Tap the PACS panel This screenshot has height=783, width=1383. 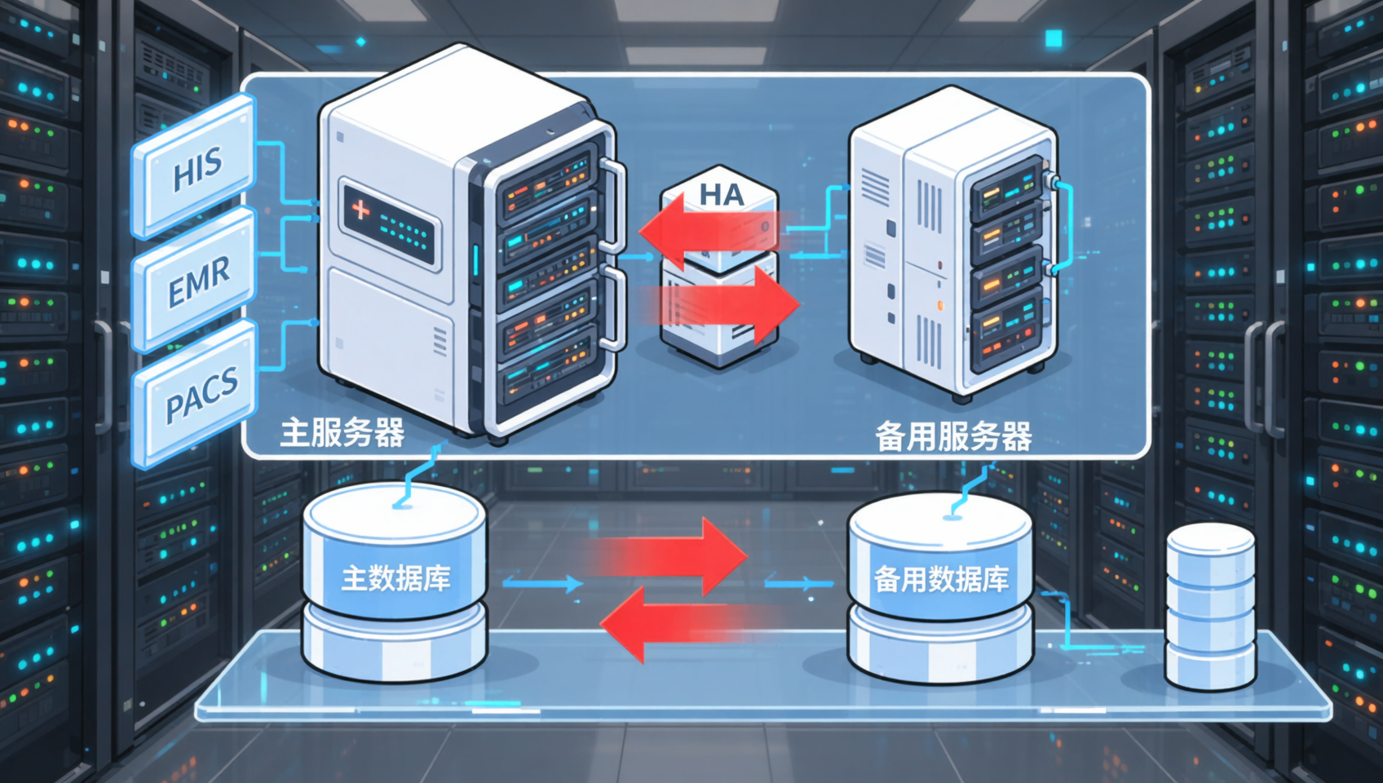pos(194,396)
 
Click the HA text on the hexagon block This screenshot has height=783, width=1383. pos(722,195)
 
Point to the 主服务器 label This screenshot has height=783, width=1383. pos(342,433)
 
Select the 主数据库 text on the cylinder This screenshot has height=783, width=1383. pos(395,578)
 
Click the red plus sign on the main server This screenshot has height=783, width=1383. pos(360,210)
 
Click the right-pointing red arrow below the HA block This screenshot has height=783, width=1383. pos(722,304)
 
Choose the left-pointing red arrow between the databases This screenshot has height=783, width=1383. pos(685,625)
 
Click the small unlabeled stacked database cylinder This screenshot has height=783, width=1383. pos(1210,605)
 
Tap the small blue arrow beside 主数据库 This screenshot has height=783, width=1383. pos(543,583)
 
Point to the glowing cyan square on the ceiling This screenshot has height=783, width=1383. pos(1054,39)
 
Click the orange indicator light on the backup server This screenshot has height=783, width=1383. pos(940,305)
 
